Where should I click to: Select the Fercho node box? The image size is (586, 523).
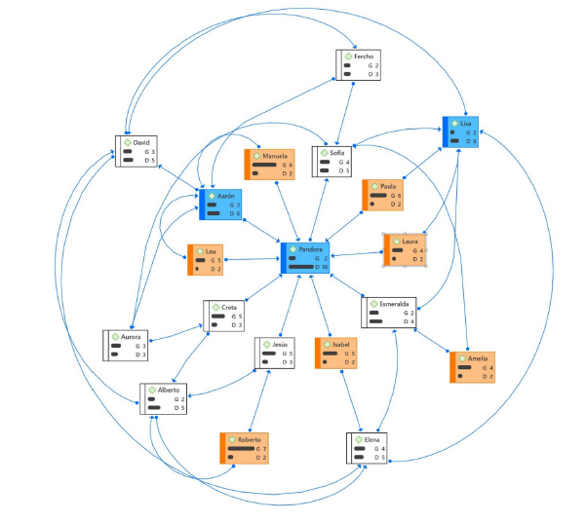pos(357,65)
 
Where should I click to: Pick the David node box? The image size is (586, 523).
pos(137,151)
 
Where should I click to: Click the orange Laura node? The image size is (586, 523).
pos(407,248)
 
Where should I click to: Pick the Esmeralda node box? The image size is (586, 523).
pos(390,311)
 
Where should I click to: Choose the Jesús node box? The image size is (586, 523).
pos(282,353)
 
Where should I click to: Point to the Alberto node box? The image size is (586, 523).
pos(161,399)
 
